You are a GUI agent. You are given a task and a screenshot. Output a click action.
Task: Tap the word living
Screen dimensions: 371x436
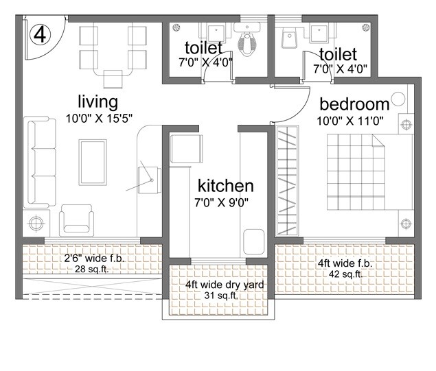coord(97,101)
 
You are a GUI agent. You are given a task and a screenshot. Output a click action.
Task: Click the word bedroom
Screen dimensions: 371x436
coord(354,104)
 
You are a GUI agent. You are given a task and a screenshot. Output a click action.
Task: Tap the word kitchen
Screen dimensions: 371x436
coord(226,186)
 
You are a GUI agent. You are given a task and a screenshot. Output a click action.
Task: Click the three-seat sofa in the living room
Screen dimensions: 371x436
coord(40,163)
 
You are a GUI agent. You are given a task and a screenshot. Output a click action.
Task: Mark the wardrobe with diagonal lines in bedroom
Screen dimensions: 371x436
coord(288,180)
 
